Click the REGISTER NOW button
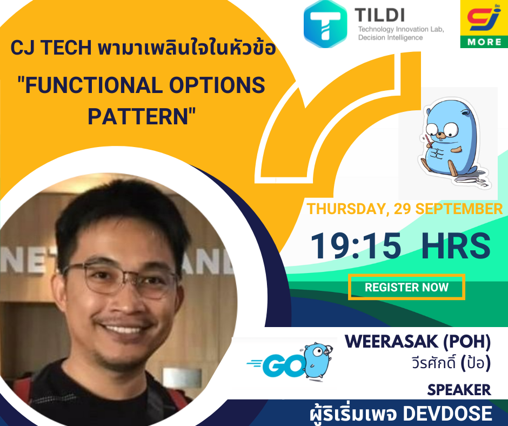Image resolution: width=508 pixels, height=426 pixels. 406,287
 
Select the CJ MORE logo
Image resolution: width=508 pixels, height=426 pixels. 484,24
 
